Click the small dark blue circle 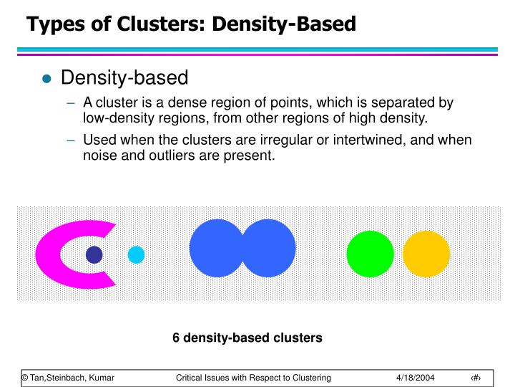94,254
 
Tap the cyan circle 136,254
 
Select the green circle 370,254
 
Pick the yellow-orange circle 426,254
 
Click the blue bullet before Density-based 47,80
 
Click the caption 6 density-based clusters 247,337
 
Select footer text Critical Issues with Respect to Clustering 253,378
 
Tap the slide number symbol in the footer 475,378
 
